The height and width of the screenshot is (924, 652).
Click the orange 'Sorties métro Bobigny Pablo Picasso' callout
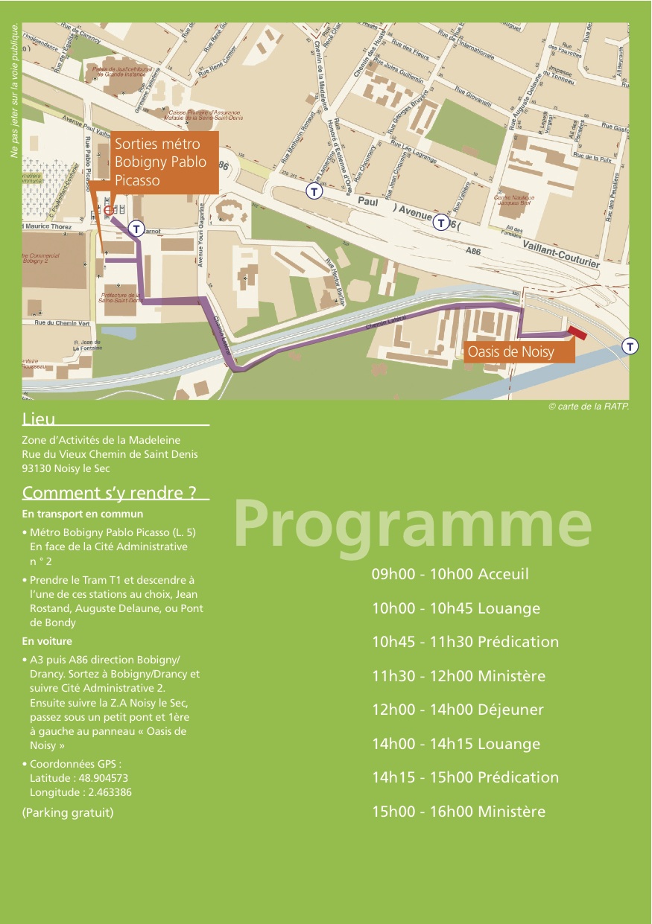click(165, 162)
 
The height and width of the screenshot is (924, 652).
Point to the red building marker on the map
click(578, 333)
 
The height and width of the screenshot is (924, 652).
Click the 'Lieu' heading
click(39, 421)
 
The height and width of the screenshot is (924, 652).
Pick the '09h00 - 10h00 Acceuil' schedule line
click(450, 574)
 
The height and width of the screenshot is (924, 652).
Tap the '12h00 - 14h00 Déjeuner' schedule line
click(458, 710)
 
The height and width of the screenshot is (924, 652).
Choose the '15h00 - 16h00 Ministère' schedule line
click(458, 812)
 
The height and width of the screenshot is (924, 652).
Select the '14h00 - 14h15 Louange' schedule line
click(456, 744)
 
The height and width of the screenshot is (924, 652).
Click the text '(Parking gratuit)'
click(68, 812)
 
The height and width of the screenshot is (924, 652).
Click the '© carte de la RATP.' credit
click(589, 407)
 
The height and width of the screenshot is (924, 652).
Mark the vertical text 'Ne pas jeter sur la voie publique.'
click(14, 91)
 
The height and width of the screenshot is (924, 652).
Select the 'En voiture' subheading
click(47, 641)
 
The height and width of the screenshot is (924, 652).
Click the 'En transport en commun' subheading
click(83, 514)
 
